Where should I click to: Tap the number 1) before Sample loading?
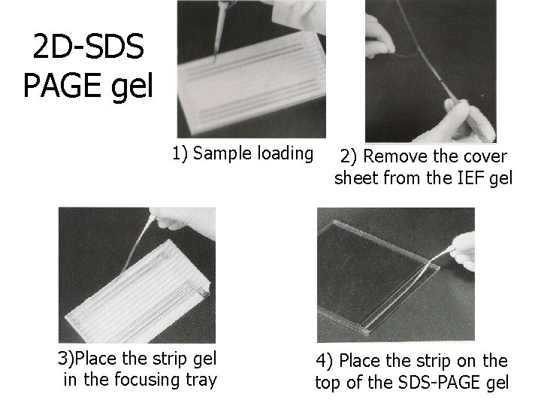pyautogui.click(x=180, y=154)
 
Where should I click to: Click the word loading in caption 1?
pyautogui.click(x=285, y=154)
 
